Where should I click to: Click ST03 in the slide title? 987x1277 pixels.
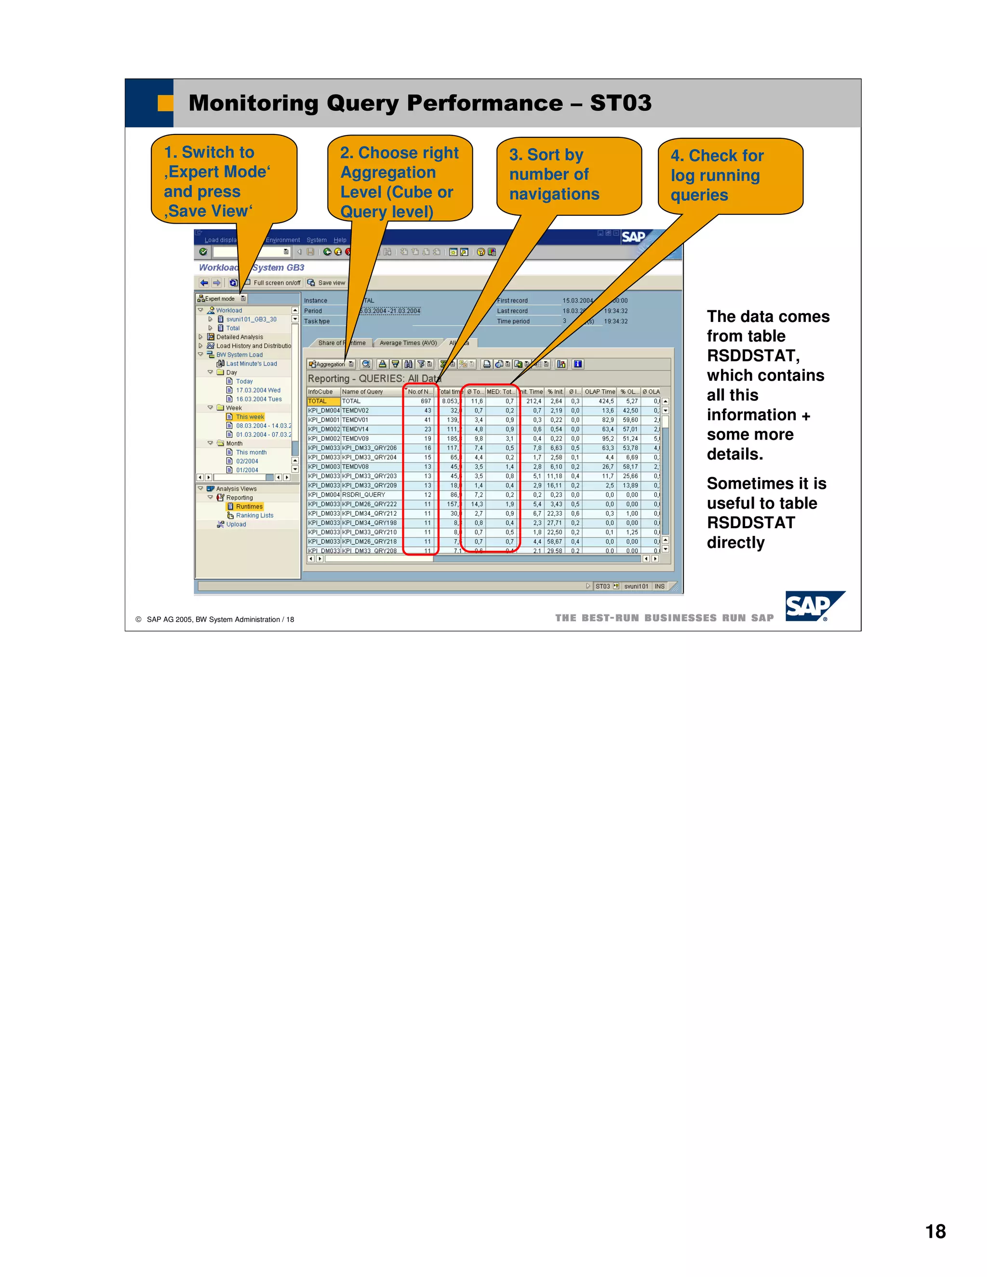click(x=620, y=104)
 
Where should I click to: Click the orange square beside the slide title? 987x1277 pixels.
click(x=165, y=104)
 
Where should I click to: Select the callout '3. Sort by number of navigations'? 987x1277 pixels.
click(x=568, y=175)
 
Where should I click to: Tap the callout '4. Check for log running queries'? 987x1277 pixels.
click(x=730, y=175)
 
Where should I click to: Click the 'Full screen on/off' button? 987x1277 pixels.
click(x=273, y=283)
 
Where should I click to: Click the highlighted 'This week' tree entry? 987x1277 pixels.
click(x=250, y=417)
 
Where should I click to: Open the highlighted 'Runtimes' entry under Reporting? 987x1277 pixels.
click(x=249, y=506)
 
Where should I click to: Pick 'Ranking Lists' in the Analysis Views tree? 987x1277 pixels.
click(x=254, y=516)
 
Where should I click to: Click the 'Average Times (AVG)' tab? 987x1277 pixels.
click(x=408, y=343)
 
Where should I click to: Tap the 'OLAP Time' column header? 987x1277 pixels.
click(x=600, y=392)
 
